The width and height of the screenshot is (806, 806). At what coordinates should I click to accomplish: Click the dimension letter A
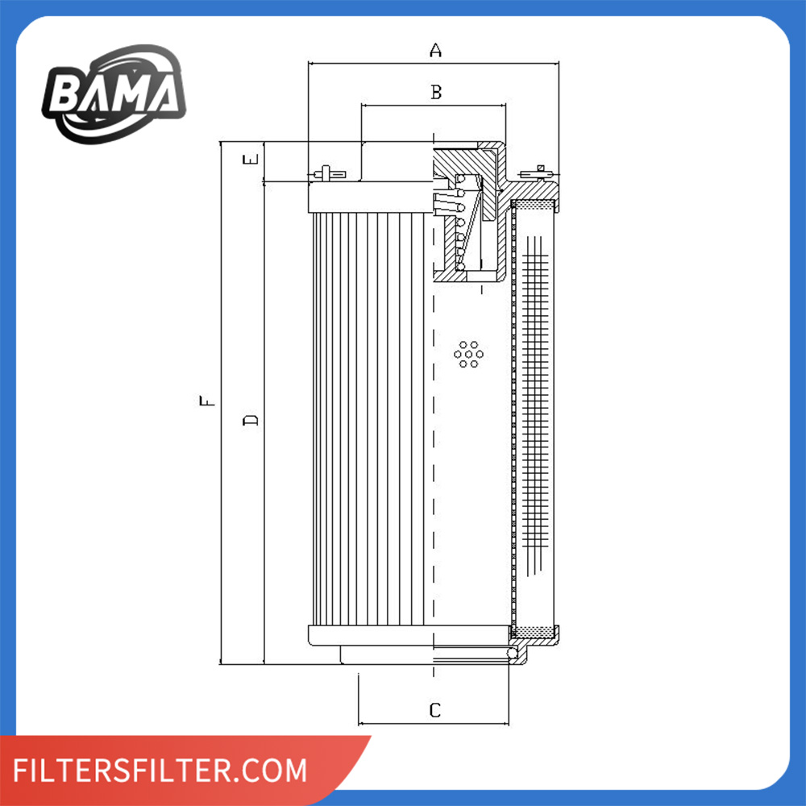[x=435, y=50]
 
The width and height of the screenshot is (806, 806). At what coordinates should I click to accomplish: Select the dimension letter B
[x=436, y=92]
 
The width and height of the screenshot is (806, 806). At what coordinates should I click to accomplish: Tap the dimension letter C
[x=435, y=710]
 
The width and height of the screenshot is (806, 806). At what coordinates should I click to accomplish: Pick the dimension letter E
[x=251, y=160]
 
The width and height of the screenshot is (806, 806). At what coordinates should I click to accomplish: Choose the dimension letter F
[x=207, y=401]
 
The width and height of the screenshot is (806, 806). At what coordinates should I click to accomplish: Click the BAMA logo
[x=114, y=94]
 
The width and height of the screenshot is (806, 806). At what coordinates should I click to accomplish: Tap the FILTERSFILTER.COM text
[x=160, y=770]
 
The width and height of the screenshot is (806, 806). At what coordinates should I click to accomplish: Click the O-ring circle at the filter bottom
[x=512, y=653]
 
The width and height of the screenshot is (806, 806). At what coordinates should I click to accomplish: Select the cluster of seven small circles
[x=468, y=354]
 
